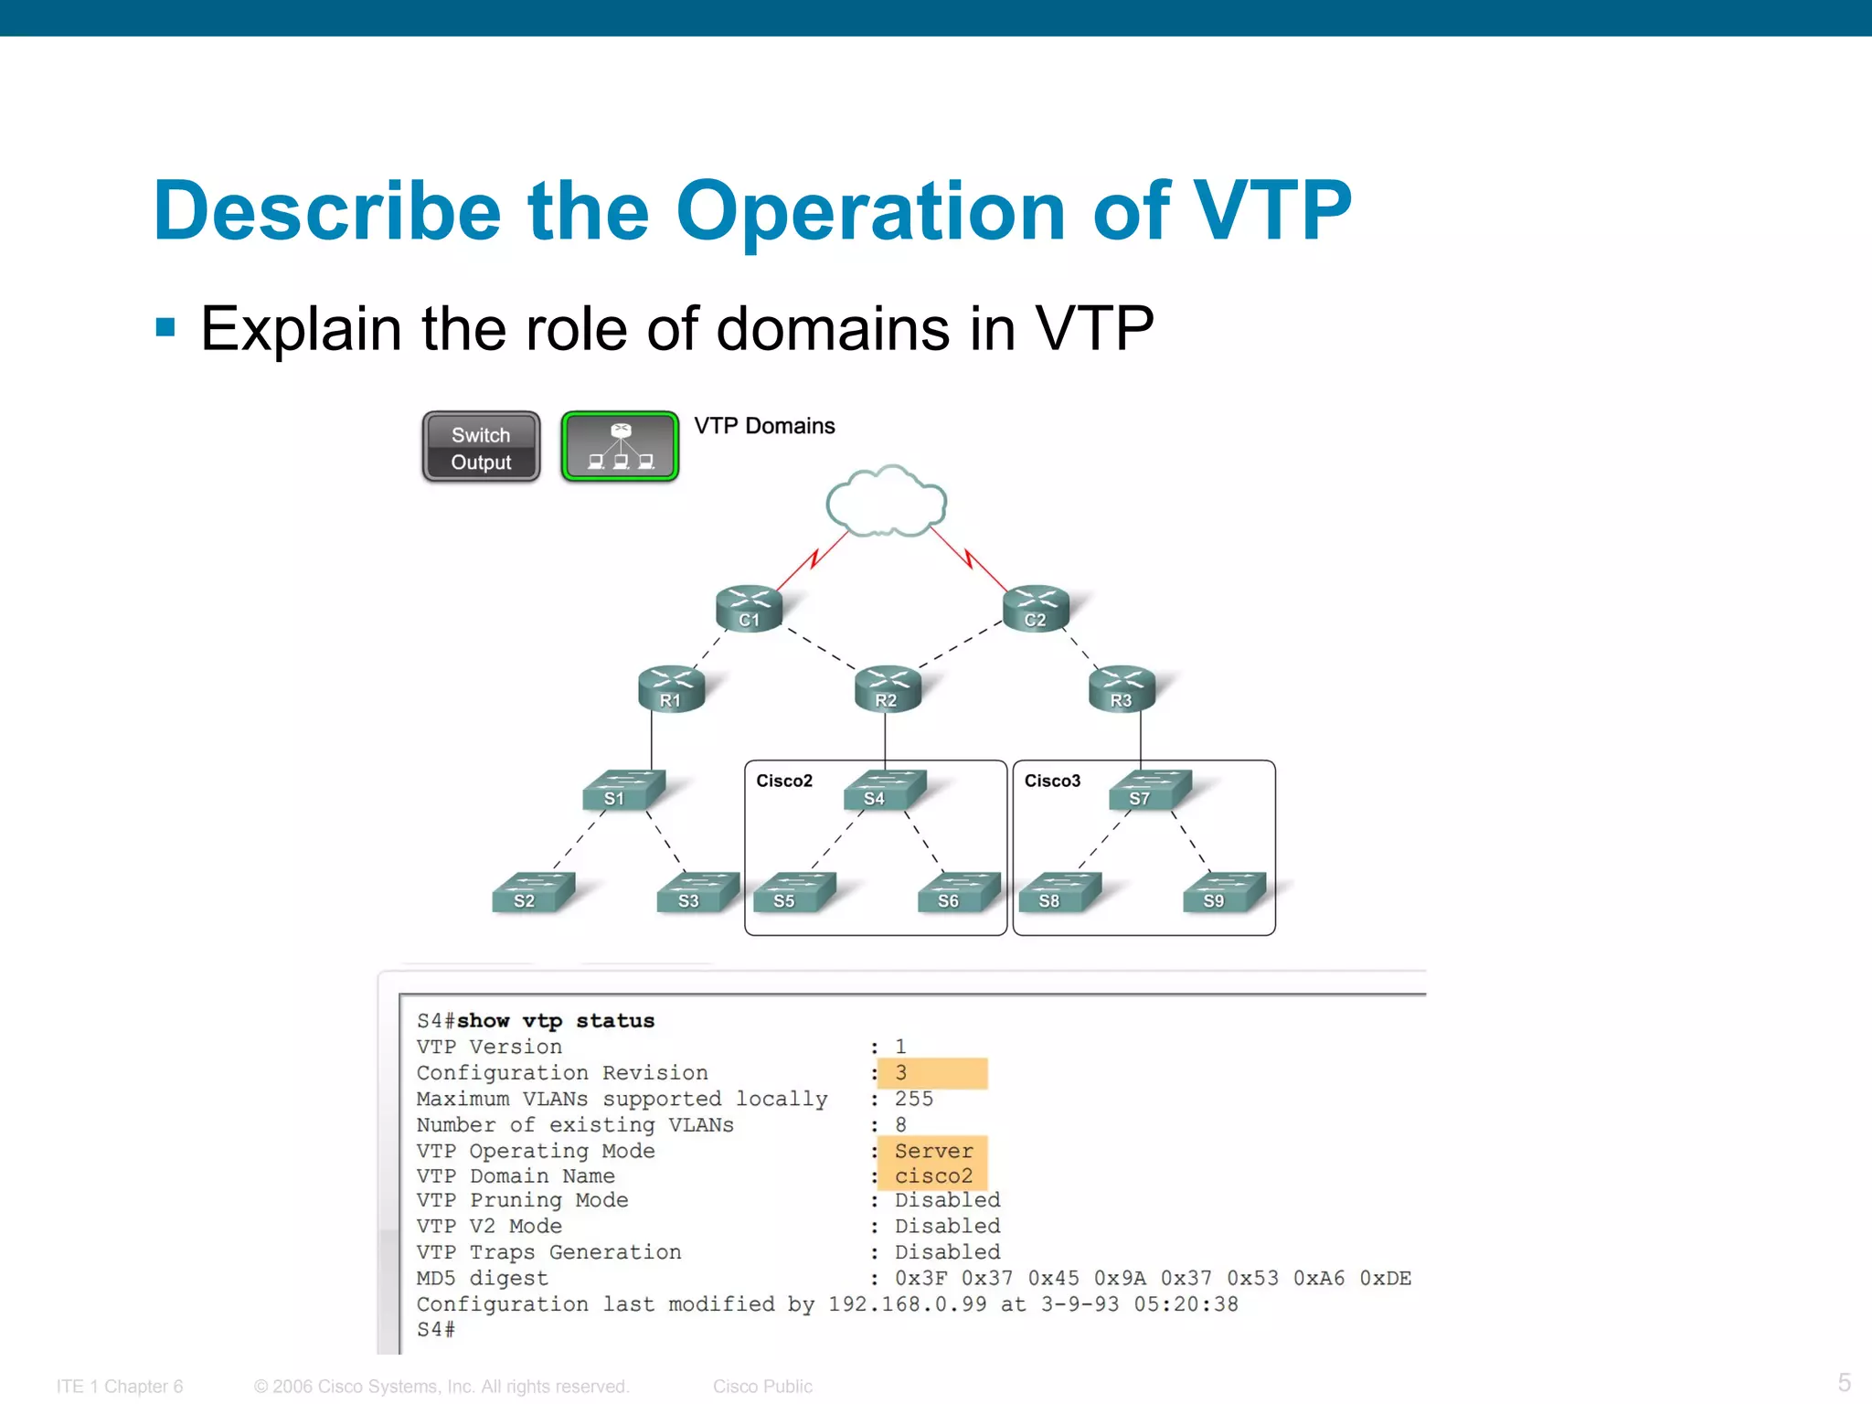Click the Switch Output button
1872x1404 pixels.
pyautogui.click(x=481, y=447)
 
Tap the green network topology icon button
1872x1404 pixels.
pyautogui.click(x=620, y=446)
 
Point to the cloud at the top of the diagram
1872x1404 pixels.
pyautogui.click(x=886, y=502)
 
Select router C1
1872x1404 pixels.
pyautogui.click(x=749, y=609)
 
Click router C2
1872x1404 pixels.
pyautogui.click(x=1036, y=609)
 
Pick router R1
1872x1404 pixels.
pyautogui.click(x=671, y=689)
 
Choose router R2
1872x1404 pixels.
pyautogui.click(x=887, y=689)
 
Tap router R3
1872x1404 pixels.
pyautogui.click(x=1122, y=689)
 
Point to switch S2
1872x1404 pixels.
pyautogui.click(x=532, y=893)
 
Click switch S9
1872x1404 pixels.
pyautogui.click(x=1222, y=893)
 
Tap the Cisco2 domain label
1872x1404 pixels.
pyautogui.click(x=784, y=781)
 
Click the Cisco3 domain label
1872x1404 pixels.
pyautogui.click(x=1052, y=781)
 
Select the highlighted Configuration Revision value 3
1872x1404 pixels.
pyautogui.click(x=901, y=1073)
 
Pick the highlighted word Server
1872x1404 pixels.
pyautogui.click(x=933, y=1151)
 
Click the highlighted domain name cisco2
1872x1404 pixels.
pyautogui.click(x=933, y=1176)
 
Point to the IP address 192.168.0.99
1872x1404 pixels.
pyautogui.click(x=907, y=1304)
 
